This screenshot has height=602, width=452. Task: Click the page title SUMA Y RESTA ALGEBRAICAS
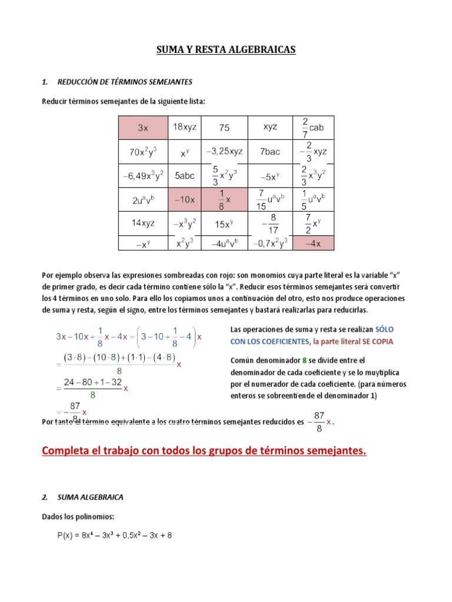[x=226, y=50]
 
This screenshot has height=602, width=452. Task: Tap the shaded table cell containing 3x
[x=143, y=128]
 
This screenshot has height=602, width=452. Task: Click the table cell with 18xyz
[x=184, y=127]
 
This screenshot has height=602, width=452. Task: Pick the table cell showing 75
[x=224, y=128]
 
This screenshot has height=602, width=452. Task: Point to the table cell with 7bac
[x=270, y=152]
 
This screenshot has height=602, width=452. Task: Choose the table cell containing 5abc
[x=184, y=175]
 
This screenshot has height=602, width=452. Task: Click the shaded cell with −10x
[x=184, y=200]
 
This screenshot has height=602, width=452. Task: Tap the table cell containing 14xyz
[x=143, y=223]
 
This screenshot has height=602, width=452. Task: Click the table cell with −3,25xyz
[x=224, y=152]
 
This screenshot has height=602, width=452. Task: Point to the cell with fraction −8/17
[x=270, y=223]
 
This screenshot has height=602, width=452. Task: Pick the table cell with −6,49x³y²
[x=143, y=175]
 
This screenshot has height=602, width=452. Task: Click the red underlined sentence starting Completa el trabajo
[x=204, y=451]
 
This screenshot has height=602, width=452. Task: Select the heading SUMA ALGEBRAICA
[x=90, y=497]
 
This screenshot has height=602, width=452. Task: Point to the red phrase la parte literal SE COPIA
[x=353, y=342]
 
